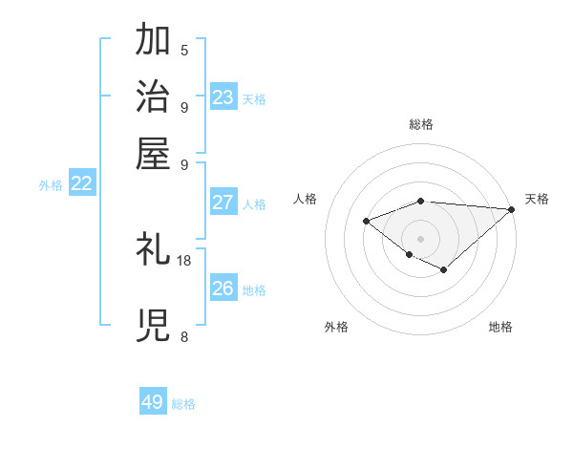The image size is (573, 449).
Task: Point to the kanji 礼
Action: pyautogui.click(x=154, y=249)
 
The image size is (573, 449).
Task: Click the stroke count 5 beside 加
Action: pyautogui.click(x=184, y=50)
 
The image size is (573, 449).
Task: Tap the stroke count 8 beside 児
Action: pyautogui.click(x=184, y=336)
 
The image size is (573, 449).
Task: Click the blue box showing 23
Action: pyautogui.click(x=223, y=97)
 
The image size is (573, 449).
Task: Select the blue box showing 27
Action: pyautogui.click(x=223, y=203)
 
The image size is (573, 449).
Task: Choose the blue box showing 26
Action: pyautogui.click(x=223, y=289)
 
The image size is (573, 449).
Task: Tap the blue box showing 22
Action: pyautogui.click(x=82, y=184)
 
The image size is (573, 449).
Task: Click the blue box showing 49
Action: pyautogui.click(x=153, y=402)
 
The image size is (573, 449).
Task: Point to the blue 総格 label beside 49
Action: pyautogui.click(x=184, y=404)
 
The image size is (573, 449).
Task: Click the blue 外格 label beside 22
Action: pyautogui.click(x=51, y=185)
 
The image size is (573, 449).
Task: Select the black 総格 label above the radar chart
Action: pyautogui.click(x=421, y=124)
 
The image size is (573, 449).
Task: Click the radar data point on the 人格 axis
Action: pyautogui.click(x=366, y=221)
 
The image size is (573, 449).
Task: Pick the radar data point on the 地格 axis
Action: pyautogui.click(x=443, y=269)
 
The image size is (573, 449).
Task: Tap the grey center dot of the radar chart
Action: pyautogui.click(x=421, y=238)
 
